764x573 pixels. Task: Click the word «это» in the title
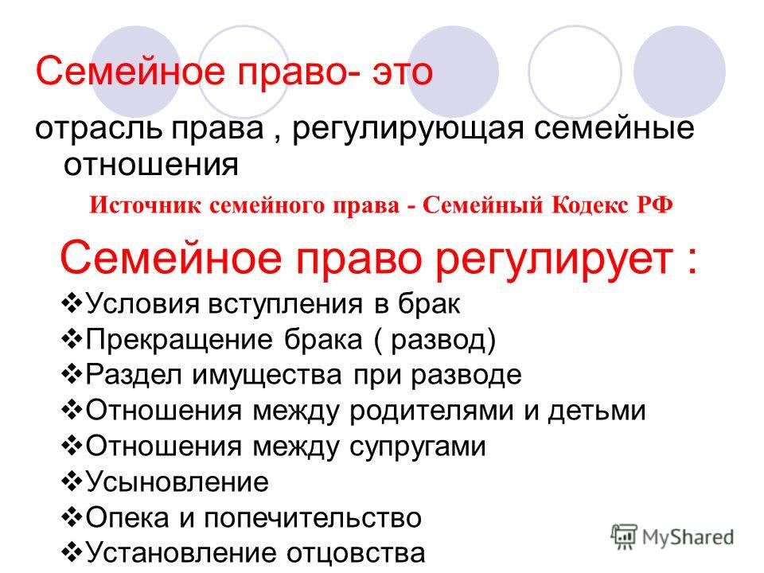point(403,72)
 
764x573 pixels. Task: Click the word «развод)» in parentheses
point(443,340)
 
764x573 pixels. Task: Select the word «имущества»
point(267,376)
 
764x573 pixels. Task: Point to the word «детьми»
point(597,411)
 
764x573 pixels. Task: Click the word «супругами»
point(418,446)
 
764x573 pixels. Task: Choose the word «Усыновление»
point(177,482)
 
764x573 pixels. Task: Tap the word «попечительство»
point(312,517)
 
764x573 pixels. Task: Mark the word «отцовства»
point(356,553)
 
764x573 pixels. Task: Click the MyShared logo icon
point(624,537)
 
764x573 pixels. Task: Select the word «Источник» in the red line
point(145,205)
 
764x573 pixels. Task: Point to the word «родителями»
point(431,411)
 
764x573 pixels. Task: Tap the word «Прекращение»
point(179,340)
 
